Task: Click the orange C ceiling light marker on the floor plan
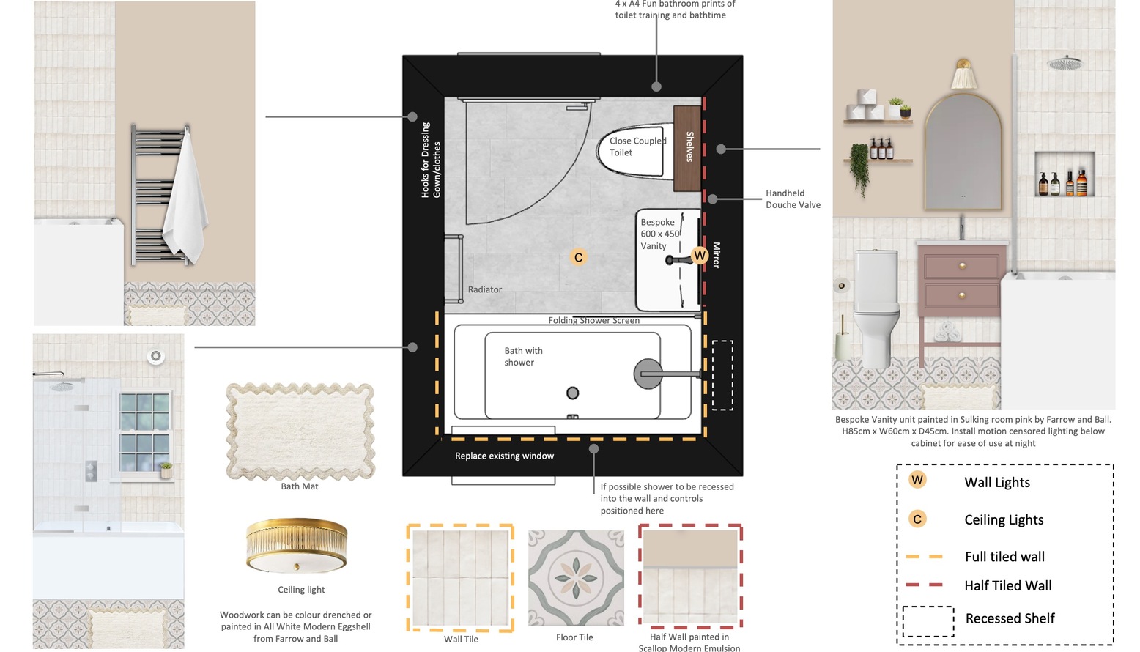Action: tap(578, 258)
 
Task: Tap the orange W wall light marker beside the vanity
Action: tap(699, 256)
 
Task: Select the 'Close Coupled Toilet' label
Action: tap(637, 147)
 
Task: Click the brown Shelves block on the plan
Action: tap(687, 148)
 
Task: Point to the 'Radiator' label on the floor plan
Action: tap(484, 289)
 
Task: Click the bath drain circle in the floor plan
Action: tap(572, 393)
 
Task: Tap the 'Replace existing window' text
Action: tap(504, 456)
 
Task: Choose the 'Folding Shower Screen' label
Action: tap(593, 320)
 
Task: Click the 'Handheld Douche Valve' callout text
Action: tap(793, 199)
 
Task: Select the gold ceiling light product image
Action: tap(297, 546)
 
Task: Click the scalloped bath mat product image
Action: tap(300, 431)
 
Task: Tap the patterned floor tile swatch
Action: tap(576, 578)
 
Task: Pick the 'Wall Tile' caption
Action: tap(461, 640)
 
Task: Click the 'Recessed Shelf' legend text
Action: tap(1010, 618)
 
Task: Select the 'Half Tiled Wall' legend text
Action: tap(1007, 586)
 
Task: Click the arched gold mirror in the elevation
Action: tap(963, 152)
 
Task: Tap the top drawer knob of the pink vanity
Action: tap(962, 266)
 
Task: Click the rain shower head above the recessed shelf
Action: tap(1064, 64)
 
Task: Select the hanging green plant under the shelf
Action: tap(859, 168)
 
